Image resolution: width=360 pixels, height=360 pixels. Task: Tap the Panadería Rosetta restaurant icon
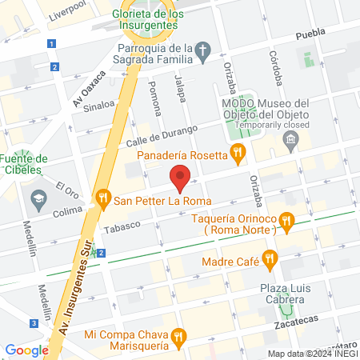(236, 152)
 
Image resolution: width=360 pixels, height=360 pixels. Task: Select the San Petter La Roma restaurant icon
(102, 198)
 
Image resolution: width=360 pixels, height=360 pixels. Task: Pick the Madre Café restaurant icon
(270, 258)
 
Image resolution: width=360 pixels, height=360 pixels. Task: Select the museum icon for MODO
(290, 144)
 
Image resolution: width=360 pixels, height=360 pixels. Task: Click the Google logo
(26, 350)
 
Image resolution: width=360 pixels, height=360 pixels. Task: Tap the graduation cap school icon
(38, 197)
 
